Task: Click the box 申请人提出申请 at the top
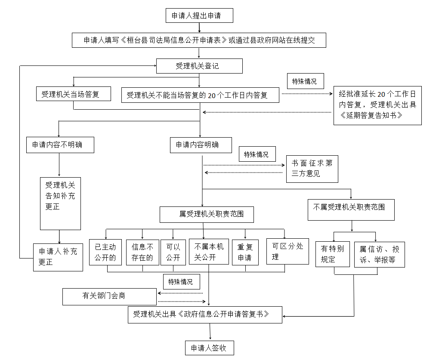[199, 15]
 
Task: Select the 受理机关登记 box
[199, 66]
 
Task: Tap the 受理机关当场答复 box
[74, 94]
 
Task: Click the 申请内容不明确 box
[60, 145]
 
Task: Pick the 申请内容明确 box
[201, 145]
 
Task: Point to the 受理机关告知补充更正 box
[61, 203]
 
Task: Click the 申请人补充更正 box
[58, 257]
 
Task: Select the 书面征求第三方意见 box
[312, 169]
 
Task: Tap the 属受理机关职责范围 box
[207, 215]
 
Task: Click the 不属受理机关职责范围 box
[351, 210]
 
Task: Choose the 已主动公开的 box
[105, 252]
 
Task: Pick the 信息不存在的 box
[143, 252]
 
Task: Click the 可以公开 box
[173, 252]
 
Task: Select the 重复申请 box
[245, 252]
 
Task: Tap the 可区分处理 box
[288, 252]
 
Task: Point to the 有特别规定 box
[333, 254]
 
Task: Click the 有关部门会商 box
[109, 297]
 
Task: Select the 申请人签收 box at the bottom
[210, 348]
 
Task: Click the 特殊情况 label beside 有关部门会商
[182, 282]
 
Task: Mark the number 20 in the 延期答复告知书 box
[382, 94]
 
